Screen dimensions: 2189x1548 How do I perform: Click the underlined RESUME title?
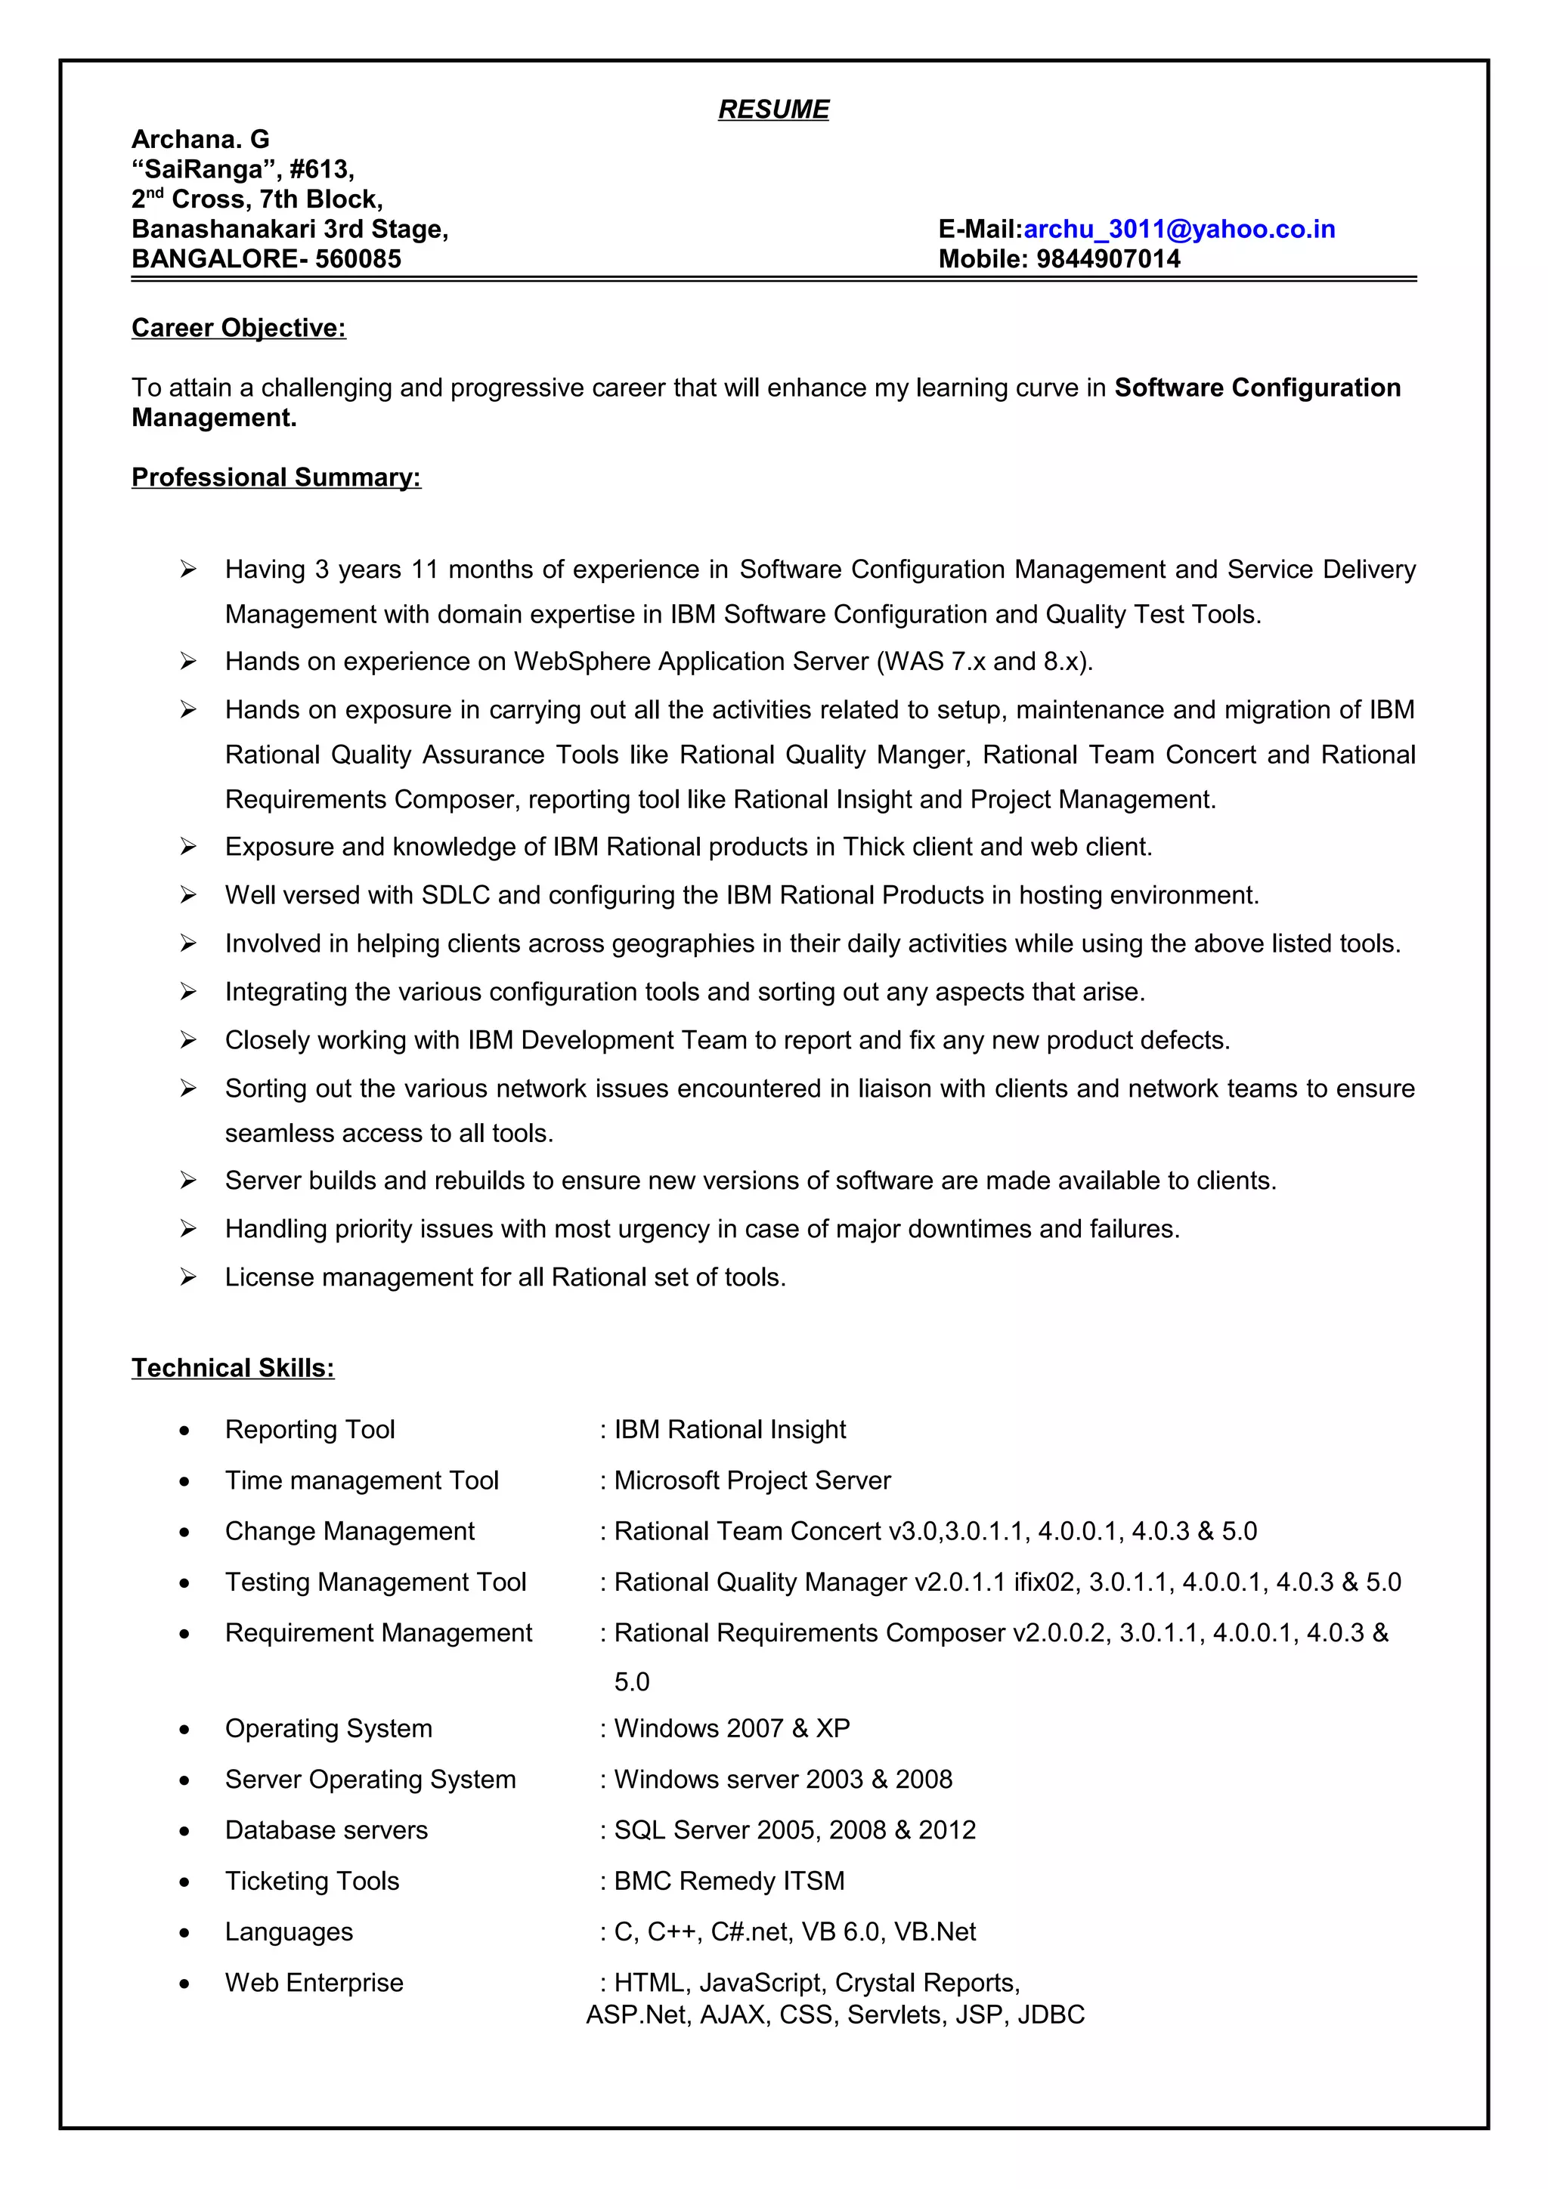pyautogui.click(x=772, y=110)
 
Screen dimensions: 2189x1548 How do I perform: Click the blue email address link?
pyautogui.click(x=1179, y=229)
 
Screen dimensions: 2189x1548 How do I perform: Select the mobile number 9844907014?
pyautogui.click(x=1107, y=259)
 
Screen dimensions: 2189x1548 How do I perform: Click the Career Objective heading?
pyautogui.click(x=238, y=328)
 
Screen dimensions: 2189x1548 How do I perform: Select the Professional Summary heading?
pyautogui.click(x=276, y=477)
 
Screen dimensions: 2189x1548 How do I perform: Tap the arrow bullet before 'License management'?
pyautogui.click(x=188, y=1277)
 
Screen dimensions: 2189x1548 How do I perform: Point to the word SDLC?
pyautogui.click(x=455, y=895)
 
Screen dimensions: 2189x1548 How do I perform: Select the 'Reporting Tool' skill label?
pyautogui.click(x=309, y=1429)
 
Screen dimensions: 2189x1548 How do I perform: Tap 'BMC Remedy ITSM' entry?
pyautogui.click(x=729, y=1881)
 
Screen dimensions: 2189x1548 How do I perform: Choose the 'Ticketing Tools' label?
pyautogui.click(x=312, y=1881)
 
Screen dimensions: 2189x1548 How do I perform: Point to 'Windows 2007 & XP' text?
pyautogui.click(x=732, y=1728)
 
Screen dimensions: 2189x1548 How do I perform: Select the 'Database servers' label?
pyautogui.click(x=327, y=1830)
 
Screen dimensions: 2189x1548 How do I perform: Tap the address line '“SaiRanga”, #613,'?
pyautogui.click(x=243, y=170)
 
